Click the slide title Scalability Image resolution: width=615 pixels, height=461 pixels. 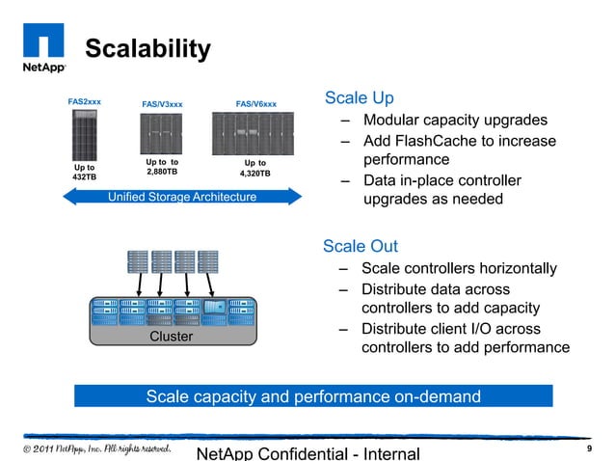coord(147,49)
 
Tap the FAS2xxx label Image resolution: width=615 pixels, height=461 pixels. coord(85,101)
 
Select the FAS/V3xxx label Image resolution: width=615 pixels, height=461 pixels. coord(162,104)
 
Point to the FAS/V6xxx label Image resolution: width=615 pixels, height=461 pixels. coord(255,104)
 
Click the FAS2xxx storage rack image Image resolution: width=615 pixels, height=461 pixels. coord(85,134)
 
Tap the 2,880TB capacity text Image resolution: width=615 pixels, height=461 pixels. coord(162,172)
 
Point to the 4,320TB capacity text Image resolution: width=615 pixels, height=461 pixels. coord(255,174)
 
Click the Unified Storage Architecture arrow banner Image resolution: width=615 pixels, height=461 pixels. coord(183,197)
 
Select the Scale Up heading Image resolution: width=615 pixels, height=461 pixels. coord(359,98)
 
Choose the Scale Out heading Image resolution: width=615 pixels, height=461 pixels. coord(361,247)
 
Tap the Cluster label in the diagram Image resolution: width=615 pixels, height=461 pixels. coord(172,337)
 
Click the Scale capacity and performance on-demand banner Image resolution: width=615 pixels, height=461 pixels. coord(312,396)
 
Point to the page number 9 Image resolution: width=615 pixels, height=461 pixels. coord(588,450)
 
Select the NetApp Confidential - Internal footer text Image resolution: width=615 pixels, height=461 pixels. coord(307,453)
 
